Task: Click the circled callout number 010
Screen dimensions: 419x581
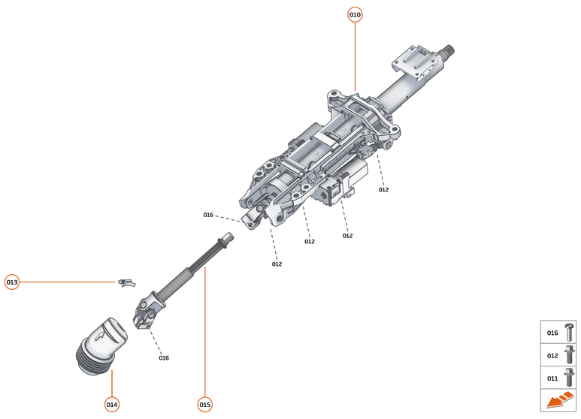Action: pos(355,14)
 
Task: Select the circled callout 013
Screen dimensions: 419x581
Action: pos(12,282)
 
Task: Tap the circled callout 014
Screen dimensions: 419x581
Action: pos(112,405)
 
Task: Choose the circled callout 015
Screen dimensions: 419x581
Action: pos(204,405)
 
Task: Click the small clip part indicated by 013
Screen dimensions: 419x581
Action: pos(126,283)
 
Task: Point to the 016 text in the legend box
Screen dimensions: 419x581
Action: pos(552,333)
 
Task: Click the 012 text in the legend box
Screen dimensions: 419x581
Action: pos(552,355)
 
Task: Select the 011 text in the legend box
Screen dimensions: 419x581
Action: pos(552,378)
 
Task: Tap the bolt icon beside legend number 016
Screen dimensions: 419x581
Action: pos(569,333)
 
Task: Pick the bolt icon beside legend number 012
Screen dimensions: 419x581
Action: pos(569,354)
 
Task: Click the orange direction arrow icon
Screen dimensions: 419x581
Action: pos(560,401)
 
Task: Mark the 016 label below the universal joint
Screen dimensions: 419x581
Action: pos(164,357)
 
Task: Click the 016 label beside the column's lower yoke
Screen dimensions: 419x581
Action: pos(208,215)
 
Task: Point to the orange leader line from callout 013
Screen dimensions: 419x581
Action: pos(68,282)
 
